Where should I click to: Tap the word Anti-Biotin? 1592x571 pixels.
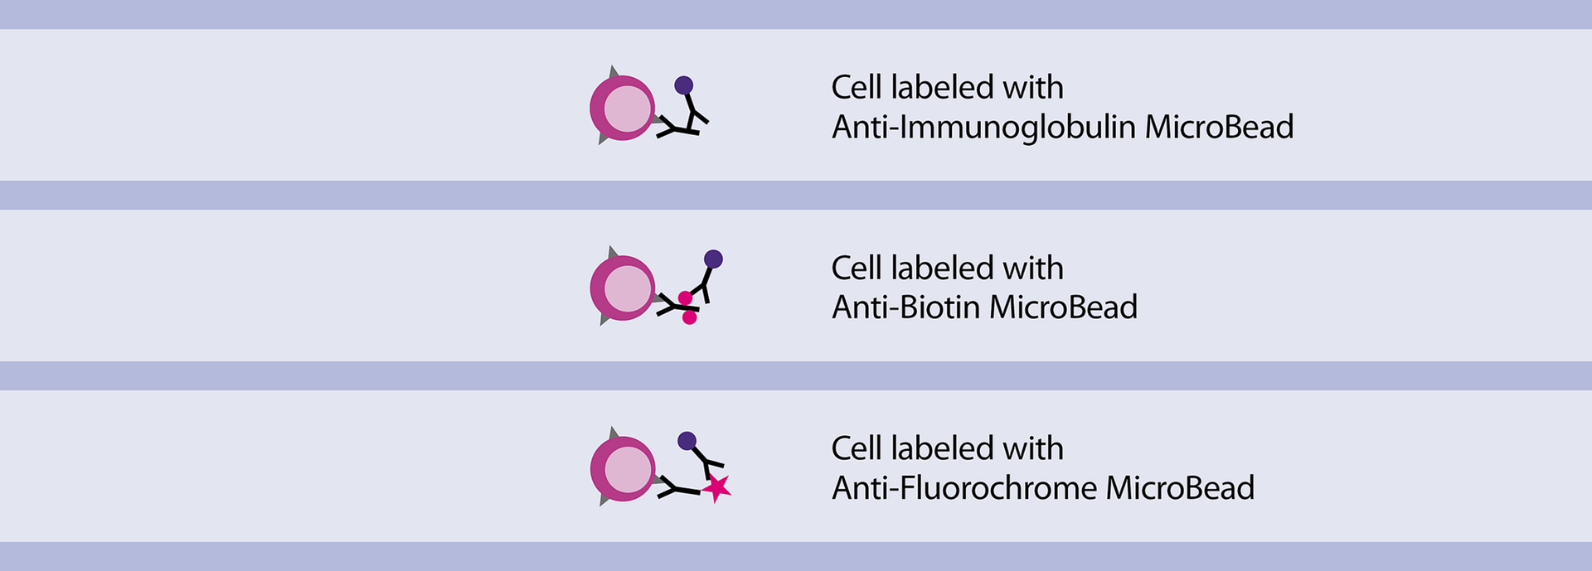905,307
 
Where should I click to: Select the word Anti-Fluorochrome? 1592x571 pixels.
963,488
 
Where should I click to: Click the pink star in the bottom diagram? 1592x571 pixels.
716,488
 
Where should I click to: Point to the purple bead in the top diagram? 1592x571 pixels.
684,85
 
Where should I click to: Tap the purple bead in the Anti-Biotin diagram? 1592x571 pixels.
713,259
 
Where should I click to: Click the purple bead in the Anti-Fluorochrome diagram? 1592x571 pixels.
687,441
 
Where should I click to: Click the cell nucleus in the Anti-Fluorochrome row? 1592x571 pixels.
628,470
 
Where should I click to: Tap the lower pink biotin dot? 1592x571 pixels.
689,317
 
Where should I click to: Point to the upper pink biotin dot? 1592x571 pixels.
685,298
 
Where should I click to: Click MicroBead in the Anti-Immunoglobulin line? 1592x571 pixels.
1219,128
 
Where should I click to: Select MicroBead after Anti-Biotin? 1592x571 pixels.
1063,307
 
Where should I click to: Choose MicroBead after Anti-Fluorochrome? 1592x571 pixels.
1180,488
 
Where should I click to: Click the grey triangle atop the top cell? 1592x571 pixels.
614,73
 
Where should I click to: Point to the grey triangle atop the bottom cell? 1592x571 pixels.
614,434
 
